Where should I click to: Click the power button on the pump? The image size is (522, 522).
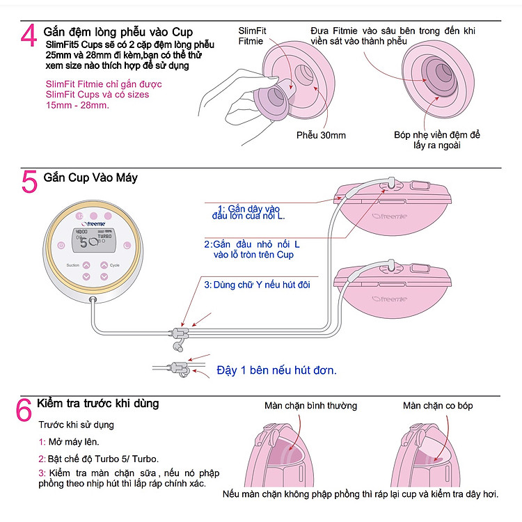point(62,245)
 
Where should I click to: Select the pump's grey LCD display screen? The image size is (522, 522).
point(95,241)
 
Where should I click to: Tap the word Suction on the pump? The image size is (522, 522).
point(72,266)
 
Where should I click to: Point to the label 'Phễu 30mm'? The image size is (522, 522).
point(321,135)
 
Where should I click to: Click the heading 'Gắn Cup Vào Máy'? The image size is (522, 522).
point(90,177)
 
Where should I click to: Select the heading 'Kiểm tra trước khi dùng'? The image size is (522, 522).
point(97,404)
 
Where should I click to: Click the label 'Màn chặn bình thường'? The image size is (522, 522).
point(310,406)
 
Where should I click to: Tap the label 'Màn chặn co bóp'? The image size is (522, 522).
point(438,406)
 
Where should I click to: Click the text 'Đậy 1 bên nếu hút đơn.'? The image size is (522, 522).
point(276,370)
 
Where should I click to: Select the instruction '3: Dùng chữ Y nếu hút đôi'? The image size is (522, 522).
point(257,285)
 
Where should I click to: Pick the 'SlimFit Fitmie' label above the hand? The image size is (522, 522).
point(251,36)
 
